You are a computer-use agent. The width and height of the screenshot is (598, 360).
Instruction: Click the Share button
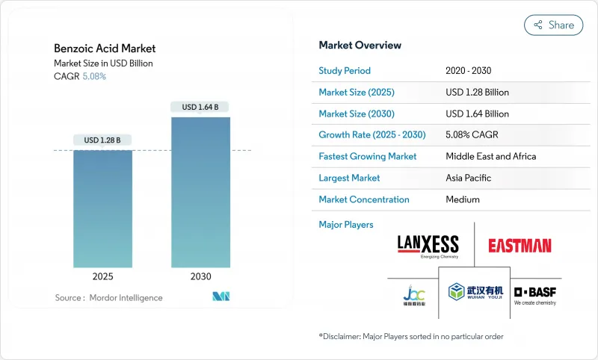(x=553, y=25)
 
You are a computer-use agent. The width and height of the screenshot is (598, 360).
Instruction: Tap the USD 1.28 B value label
(x=102, y=140)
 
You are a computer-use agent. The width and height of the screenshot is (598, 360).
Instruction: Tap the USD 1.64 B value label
(x=200, y=107)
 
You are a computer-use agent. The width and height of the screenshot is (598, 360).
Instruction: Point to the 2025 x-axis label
(x=102, y=276)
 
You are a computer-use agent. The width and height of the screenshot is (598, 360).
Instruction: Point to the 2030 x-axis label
(x=200, y=276)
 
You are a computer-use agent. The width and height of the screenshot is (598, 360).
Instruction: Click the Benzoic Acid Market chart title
(x=105, y=49)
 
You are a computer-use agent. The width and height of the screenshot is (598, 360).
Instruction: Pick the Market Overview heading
(x=360, y=45)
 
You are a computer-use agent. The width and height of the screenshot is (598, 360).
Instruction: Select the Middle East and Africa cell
(x=490, y=156)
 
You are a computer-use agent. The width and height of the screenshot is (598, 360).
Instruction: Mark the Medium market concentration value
(x=463, y=199)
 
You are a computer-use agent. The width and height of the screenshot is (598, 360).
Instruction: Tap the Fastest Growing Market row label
(x=367, y=156)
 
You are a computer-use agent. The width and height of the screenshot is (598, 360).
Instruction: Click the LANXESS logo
(x=429, y=245)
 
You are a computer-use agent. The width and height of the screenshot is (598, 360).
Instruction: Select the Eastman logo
(x=520, y=245)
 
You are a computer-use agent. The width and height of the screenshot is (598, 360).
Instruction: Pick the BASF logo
(x=534, y=294)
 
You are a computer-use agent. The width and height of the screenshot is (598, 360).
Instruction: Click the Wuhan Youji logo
(x=474, y=294)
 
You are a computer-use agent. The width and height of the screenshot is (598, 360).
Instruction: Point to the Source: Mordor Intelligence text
(x=108, y=298)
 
